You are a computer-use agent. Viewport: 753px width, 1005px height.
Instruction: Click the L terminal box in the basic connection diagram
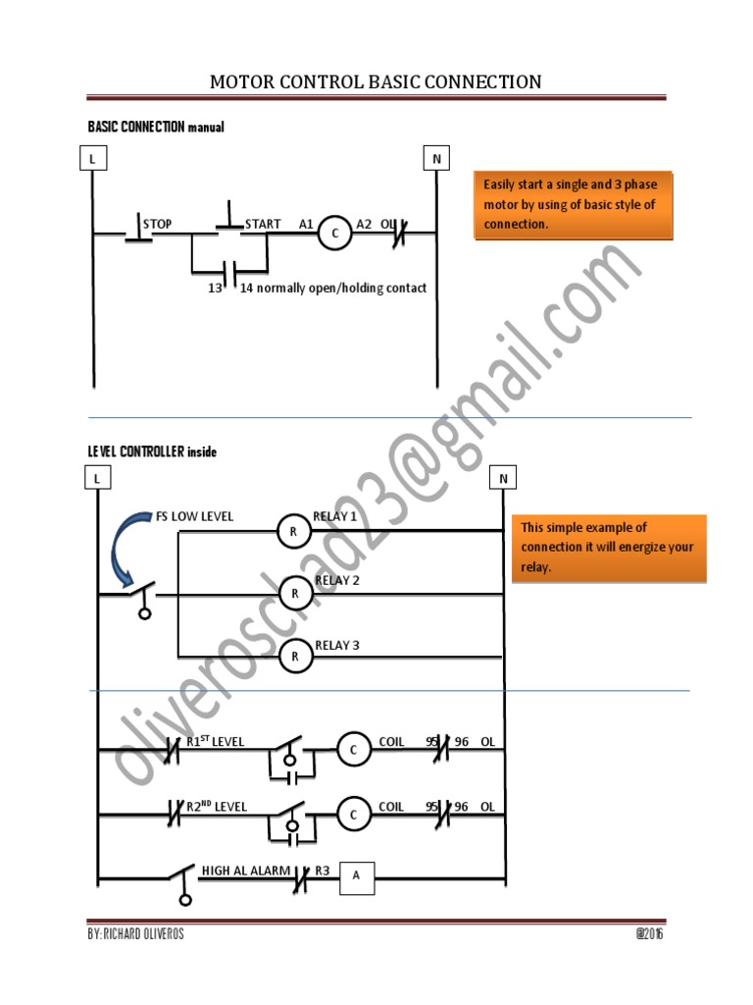click(x=92, y=157)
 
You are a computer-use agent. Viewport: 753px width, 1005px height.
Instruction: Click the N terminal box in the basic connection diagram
click(x=435, y=157)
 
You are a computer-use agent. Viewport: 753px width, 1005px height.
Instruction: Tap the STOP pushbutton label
click(x=157, y=224)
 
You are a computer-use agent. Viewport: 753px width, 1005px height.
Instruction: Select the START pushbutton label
click(x=263, y=224)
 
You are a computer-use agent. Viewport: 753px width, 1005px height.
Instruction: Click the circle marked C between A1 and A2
click(x=334, y=234)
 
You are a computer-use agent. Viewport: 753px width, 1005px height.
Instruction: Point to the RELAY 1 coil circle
click(x=293, y=531)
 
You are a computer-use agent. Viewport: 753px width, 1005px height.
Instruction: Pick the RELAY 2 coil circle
click(x=293, y=593)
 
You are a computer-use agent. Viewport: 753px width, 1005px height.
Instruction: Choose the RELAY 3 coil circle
click(x=293, y=656)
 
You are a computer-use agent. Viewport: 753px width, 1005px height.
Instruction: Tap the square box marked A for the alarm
click(x=357, y=876)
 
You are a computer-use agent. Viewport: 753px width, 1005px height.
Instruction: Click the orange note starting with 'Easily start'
click(x=574, y=205)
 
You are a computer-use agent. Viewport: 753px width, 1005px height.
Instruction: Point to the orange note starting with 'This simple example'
click(x=608, y=548)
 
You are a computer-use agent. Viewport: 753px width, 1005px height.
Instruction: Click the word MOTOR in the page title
click(x=243, y=81)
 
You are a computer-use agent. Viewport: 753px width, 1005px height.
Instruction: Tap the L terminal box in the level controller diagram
click(x=97, y=478)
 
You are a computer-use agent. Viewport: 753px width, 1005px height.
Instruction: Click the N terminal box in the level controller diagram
click(x=502, y=478)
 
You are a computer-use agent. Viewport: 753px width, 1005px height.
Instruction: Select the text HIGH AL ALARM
click(x=245, y=870)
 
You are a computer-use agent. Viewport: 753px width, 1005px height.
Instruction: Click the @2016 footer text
click(x=648, y=934)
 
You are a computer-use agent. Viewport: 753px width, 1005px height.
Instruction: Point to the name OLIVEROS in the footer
click(x=154, y=934)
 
